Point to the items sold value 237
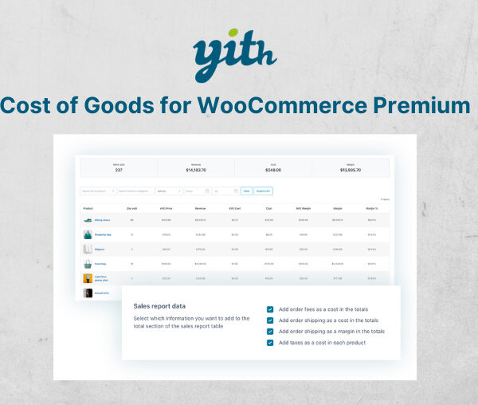pos(119,169)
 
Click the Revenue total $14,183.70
pos(196,169)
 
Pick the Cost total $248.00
pos(273,169)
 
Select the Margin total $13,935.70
pos(351,169)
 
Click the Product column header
pos(88,208)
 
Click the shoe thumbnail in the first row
pos(88,220)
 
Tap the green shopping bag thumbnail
pos(88,235)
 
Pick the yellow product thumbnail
pos(88,279)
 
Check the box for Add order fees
pos(271,309)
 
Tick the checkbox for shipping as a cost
pos(271,320)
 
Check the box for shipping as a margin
pos(271,332)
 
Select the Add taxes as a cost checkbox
pos(271,343)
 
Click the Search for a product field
pos(97,191)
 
